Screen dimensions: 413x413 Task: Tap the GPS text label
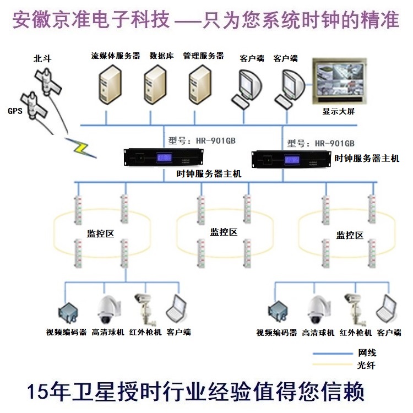click(x=15, y=111)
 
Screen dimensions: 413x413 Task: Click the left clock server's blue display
click(x=167, y=158)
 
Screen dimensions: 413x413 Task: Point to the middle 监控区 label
click(x=224, y=232)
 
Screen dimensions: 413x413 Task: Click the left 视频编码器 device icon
click(x=67, y=312)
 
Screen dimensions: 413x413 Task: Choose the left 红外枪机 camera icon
click(x=144, y=308)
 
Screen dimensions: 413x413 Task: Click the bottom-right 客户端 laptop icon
click(x=388, y=309)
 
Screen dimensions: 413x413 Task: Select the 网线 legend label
click(x=367, y=352)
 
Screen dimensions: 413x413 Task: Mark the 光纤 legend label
click(x=367, y=365)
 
